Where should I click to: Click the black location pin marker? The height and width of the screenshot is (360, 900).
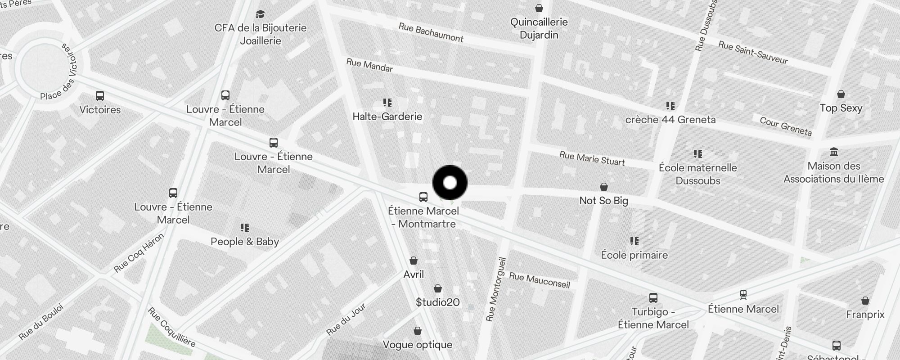450,183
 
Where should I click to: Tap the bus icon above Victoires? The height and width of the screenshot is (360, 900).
100,96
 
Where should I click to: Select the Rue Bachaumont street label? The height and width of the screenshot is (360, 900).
431,33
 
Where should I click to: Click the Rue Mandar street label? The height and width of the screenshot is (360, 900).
369,65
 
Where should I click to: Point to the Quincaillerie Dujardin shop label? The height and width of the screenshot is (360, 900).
539,28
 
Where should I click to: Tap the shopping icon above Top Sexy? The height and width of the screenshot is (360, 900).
841,94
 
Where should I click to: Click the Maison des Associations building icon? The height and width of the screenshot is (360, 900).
833,152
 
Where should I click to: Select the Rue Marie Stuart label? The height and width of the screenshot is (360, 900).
592,158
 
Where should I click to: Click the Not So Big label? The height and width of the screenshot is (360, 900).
603,201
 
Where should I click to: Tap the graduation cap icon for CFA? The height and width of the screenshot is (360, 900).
260,14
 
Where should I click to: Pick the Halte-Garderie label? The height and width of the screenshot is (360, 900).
387,117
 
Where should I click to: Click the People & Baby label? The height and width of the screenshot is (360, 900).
245,242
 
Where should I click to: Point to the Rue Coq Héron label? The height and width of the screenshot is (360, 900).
139,252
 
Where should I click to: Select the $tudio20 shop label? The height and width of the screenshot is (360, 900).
437,302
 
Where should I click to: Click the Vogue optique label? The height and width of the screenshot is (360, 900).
417,345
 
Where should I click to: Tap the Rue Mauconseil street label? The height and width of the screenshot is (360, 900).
540,280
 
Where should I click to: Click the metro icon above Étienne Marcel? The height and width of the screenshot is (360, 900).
743,295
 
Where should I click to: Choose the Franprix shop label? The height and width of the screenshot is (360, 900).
865,315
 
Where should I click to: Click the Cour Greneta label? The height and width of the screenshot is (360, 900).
786,126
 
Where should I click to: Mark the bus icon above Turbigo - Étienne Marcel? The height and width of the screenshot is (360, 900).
653,298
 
